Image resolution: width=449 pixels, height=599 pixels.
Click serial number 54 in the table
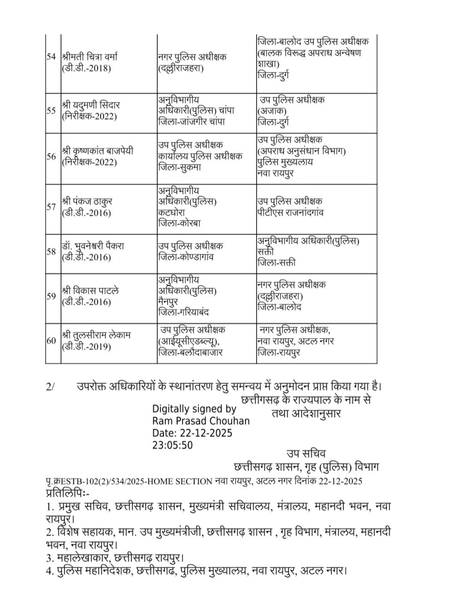[x=51, y=57]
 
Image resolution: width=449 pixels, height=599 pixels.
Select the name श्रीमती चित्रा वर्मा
[x=89, y=57]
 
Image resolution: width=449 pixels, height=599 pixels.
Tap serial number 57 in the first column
[x=51, y=207]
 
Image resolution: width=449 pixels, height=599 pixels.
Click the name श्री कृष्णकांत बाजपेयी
[x=97, y=151]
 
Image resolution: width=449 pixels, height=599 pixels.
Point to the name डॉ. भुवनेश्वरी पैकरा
[x=93, y=246]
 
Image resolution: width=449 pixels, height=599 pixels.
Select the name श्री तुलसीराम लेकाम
[x=96, y=336]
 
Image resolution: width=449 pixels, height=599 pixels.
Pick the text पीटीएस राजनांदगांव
[x=291, y=213]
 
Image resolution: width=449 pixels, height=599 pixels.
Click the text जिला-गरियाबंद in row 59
[x=184, y=312]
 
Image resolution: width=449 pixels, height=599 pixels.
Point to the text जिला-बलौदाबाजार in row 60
[x=190, y=352]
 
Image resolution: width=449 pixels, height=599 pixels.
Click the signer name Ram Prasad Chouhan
[x=201, y=421]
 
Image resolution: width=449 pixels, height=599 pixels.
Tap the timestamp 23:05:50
[x=172, y=445]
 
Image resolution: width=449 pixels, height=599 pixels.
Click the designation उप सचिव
[x=306, y=454]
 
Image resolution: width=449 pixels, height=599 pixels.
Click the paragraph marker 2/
[x=50, y=386]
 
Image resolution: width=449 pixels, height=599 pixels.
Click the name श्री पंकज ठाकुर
[x=87, y=201]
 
